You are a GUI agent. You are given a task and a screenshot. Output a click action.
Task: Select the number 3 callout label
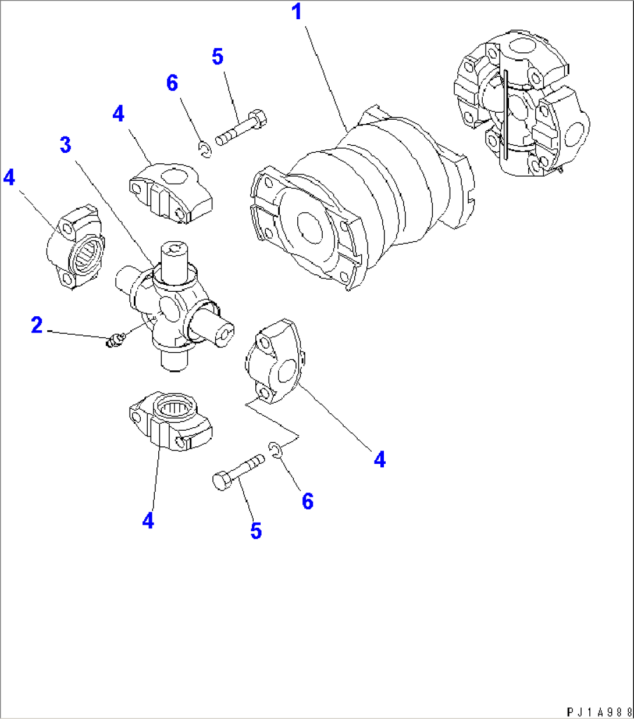click(x=65, y=145)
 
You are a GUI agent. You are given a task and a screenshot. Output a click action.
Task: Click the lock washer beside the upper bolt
click(x=204, y=150)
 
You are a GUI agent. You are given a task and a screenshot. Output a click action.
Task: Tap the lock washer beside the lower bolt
click(x=276, y=449)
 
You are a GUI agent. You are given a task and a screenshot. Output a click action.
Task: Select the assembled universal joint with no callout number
click(x=521, y=105)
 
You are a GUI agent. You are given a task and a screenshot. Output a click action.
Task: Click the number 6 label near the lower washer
click(x=308, y=500)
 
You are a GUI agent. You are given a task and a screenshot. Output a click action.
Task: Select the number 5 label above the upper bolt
click(x=217, y=58)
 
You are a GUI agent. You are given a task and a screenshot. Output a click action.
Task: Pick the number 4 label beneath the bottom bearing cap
click(x=148, y=520)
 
